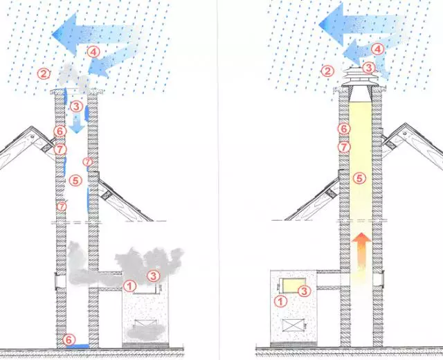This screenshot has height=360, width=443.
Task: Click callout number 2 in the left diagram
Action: pos(44,74)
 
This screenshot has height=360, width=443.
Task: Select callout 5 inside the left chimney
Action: pos(75,180)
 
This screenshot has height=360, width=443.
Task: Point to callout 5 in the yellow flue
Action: pos(359,179)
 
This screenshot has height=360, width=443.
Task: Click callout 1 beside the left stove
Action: pos(129,286)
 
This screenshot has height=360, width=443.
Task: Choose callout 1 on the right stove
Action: pos(281,302)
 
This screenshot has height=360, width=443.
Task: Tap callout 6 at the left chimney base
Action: pos(69,339)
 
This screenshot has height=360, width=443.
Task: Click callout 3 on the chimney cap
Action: pos(369,68)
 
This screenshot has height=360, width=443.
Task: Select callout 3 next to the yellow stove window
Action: pos(304,291)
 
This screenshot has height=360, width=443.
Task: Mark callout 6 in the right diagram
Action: pos(344,129)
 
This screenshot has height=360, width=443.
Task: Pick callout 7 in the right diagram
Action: pos(344,147)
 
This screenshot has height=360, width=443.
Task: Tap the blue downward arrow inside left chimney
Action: pos(77,123)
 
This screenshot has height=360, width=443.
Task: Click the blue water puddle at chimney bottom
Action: pos(78,346)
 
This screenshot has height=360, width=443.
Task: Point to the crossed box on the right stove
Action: pos(293,325)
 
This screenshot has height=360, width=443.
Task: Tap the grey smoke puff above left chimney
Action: pos(72,77)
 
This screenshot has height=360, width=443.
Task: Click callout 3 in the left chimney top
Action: pos(76,107)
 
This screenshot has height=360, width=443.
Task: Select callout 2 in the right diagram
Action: pos(327,71)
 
